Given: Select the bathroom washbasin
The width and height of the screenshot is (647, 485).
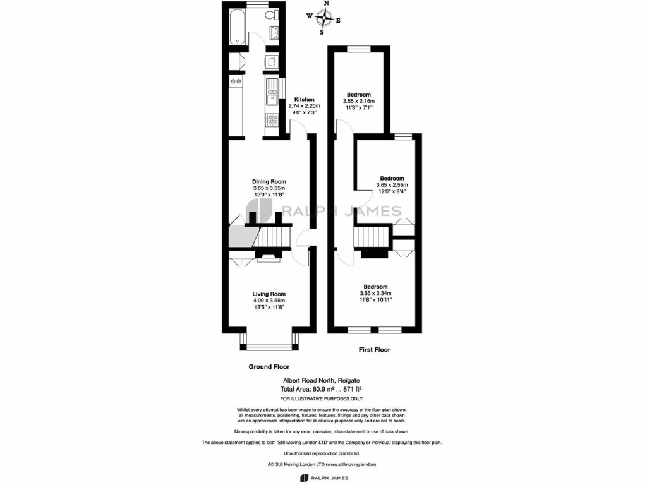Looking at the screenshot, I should (275, 34).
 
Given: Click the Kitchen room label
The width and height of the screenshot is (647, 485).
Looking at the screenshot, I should (304, 100).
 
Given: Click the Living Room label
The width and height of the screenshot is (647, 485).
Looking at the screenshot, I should (269, 294).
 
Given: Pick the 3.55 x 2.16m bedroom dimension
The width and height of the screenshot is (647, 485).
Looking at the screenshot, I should (358, 101).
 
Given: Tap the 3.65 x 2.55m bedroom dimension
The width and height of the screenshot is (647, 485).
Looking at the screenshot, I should (392, 185).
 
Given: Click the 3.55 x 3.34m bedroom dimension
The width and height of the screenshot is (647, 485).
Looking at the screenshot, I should (375, 293).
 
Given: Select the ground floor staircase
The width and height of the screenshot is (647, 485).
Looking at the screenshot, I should (273, 239).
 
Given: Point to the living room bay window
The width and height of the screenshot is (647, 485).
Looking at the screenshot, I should (269, 345).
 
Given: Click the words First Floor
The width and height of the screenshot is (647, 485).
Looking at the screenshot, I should (375, 349).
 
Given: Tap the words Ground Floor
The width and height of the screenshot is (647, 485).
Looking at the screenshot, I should (269, 367).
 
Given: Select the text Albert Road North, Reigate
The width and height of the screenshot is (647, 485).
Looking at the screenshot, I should (322, 381).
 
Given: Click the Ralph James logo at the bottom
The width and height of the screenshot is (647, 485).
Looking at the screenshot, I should (323, 479).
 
